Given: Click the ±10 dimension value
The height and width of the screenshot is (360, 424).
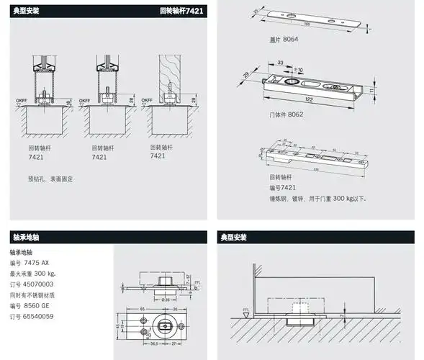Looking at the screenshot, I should pyautogui.click(x=298, y=70).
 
